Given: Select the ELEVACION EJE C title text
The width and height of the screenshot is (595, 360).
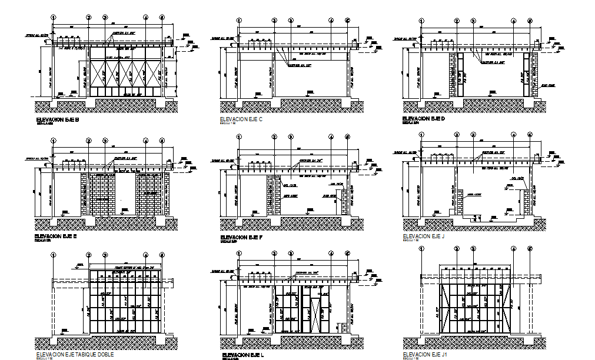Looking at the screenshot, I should pyautogui.click(x=241, y=119).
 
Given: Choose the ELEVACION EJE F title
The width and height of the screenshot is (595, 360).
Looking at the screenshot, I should pyautogui.click(x=241, y=236).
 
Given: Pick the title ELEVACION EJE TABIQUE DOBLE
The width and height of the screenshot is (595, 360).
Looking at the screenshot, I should pyautogui.click(x=75, y=354).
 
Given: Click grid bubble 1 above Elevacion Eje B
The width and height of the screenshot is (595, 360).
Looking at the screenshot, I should pyautogui.click(x=54, y=18).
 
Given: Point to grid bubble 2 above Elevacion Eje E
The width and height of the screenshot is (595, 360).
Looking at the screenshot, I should pyautogui.click(x=88, y=141).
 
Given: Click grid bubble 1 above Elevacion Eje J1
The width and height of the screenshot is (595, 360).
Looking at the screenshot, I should pyautogui.click(x=422, y=248).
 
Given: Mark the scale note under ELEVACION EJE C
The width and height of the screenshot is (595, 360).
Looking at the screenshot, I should pyautogui.click(x=227, y=124).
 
